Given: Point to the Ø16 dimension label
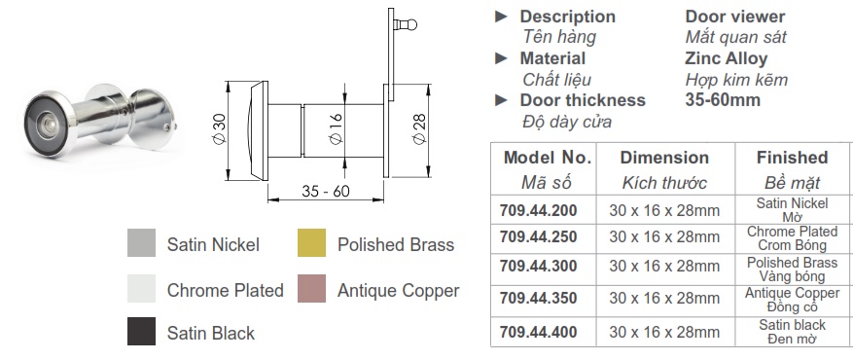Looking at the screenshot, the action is coord(336,128).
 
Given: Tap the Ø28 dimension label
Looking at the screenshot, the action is coord(419,130).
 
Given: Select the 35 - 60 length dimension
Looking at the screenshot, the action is coord(325,191).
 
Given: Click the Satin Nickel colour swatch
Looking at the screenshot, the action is coord(141,242).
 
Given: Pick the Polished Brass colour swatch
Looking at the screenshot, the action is coord(311,242).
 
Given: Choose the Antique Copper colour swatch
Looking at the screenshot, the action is coord(311,288).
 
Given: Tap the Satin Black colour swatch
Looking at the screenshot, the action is coord(141,331).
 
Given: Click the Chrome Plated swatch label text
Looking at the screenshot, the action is coord(226,290).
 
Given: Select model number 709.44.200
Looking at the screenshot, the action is coord(539,210).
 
